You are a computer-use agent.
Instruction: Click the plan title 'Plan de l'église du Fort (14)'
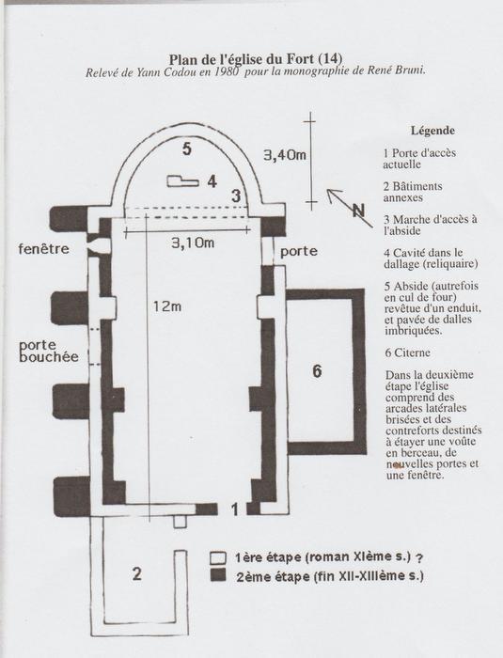(x=256, y=58)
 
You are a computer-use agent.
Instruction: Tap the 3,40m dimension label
(x=285, y=155)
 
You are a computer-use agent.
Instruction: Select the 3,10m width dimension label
(x=193, y=243)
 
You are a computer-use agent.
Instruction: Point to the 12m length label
(x=166, y=306)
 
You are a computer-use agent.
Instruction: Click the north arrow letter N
(x=358, y=210)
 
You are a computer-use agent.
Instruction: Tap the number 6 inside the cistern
(x=317, y=371)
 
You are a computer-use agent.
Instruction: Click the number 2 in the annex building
(x=137, y=573)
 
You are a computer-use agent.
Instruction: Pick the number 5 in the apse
(x=187, y=149)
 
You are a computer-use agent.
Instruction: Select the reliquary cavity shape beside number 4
(x=182, y=181)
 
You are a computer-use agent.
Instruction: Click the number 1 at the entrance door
(x=235, y=509)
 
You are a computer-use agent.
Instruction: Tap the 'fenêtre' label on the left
(x=43, y=249)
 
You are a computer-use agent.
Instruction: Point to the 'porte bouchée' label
(x=49, y=351)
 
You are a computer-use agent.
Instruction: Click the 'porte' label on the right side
(x=299, y=252)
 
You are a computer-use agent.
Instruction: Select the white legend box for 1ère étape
(x=218, y=557)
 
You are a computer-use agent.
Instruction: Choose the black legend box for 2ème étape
(x=218, y=575)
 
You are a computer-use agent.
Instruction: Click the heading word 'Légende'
(x=432, y=131)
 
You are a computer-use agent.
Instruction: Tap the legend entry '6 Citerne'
(x=407, y=352)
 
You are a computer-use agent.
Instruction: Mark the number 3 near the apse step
(x=236, y=196)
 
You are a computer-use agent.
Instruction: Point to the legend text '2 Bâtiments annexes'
(x=413, y=192)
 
